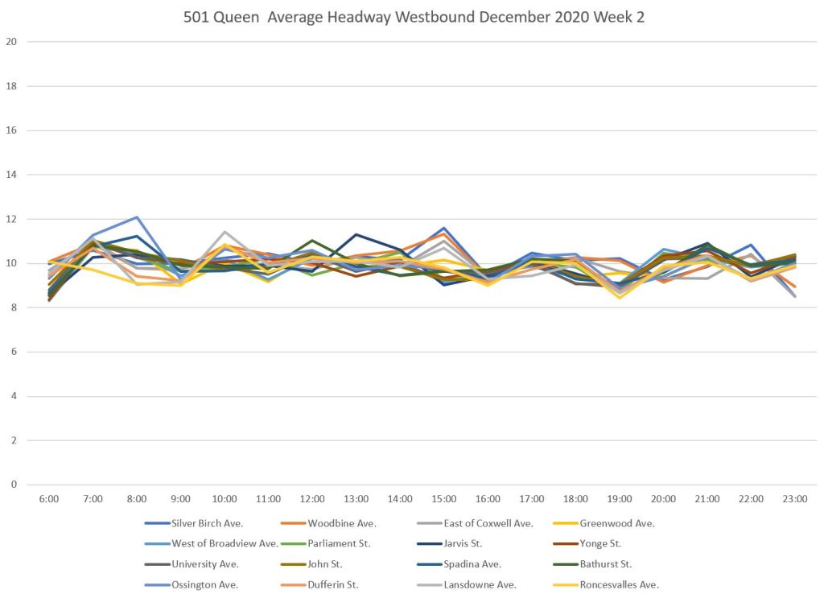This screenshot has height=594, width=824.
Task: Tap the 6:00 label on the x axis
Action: coord(49,500)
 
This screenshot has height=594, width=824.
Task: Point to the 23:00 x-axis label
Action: coord(795,500)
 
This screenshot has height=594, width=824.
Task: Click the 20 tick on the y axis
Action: coord(11,42)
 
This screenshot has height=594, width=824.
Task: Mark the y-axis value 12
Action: coord(11,219)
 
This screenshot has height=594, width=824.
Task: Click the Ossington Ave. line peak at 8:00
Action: coord(137,217)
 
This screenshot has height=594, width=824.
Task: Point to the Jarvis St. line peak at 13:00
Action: coord(356,234)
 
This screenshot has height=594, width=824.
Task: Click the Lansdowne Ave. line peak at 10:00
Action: coord(225,232)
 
